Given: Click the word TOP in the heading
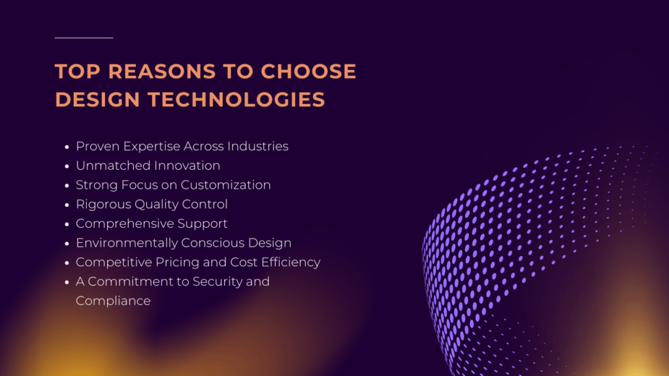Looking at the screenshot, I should point(74,71).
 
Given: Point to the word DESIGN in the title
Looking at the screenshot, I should point(95,99).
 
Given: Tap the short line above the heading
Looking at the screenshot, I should point(84,38).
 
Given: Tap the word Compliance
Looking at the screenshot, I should point(113,301).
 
